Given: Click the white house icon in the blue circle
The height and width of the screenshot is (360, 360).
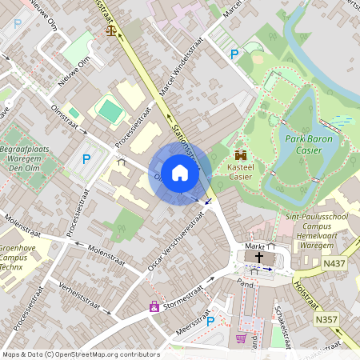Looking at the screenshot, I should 180,172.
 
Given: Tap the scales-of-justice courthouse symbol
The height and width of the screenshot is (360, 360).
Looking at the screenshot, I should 110,30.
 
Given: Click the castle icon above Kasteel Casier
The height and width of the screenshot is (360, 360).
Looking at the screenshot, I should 241,155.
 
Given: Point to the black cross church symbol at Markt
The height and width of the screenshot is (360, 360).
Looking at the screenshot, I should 258,258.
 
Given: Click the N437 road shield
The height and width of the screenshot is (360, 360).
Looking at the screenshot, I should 335,262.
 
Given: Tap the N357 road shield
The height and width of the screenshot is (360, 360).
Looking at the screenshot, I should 325,319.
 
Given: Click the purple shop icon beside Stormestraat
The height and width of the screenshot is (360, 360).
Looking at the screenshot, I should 154,306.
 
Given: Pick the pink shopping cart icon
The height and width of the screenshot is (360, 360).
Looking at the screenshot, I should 241,338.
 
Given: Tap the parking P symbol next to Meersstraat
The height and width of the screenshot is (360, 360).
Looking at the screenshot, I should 210,321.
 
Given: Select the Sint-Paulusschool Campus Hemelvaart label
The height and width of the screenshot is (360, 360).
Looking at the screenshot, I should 319,227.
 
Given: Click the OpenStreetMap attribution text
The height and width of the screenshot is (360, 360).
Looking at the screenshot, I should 81,354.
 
